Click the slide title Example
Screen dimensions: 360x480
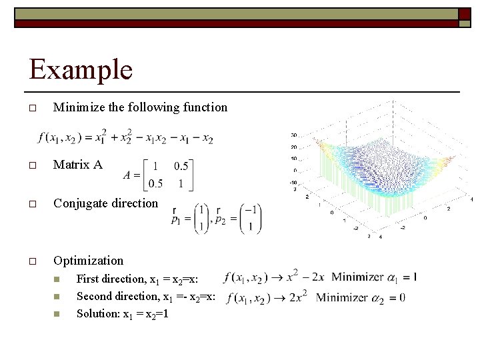pyautogui.click(x=81, y=70)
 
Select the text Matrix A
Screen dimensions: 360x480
pyautogui.click(x=78, y=165)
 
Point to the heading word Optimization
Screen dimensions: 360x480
pyautogui.click(x=88, y=261)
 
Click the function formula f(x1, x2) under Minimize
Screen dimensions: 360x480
pyautogui.click(x=126, y=137)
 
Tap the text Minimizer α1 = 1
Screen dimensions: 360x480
pyautogui.click(x=374, y=277)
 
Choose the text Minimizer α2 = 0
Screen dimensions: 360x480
pyautogui.click(x=361, y=297)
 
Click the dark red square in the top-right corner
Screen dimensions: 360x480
pyautogui.click(x=465, y=14)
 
